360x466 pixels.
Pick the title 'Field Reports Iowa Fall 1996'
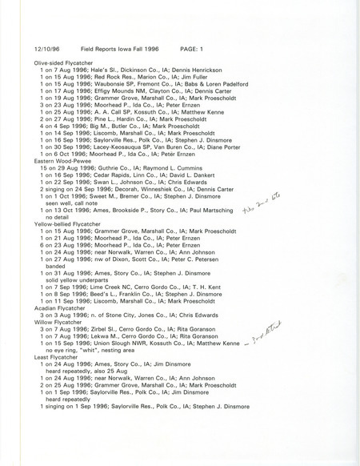[122, 47]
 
